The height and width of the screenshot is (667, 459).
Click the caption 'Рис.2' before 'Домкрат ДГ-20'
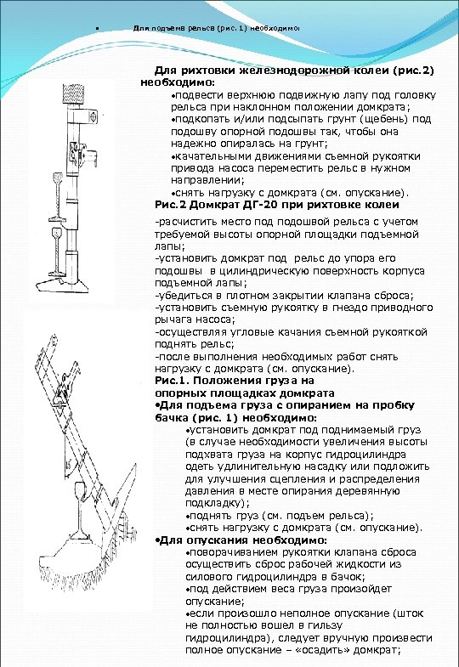pyautogui.click(x=171, y=205)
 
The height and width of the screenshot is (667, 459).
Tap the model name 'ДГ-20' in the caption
pyautogui.click(x=260, y=205)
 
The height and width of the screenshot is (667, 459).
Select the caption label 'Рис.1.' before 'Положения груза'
pyautogui.click(x=173, y=382)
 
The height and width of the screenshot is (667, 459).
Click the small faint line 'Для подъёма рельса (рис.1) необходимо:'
pyautogui.click(x=216, y=27)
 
